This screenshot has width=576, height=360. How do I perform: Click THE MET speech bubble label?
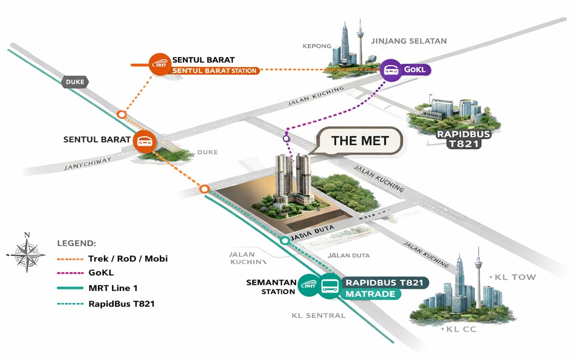(360, 141)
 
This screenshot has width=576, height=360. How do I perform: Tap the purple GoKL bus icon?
(390, 70)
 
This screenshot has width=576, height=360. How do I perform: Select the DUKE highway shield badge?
(75, 82)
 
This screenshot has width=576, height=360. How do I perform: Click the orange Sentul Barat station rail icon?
(160, 64)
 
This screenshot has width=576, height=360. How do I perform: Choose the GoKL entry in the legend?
(101, 273)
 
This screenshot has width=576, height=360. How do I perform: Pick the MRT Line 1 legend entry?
(113, 288)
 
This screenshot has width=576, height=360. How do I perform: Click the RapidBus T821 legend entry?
(121, 304)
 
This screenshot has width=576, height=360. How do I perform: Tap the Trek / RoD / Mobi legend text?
(128, 259)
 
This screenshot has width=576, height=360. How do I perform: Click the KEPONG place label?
(317, 46)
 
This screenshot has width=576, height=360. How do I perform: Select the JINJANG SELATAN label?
(409, 41)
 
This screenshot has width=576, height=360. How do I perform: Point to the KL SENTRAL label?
(318, 316)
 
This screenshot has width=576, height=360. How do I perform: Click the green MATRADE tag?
(370, 294)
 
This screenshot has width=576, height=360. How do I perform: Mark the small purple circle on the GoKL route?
(286, 138)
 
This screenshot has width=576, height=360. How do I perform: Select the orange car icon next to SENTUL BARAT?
(144, 141)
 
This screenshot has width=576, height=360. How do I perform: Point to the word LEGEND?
(76, 243)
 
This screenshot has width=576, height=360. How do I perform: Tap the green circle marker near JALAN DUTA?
(284, 240)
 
